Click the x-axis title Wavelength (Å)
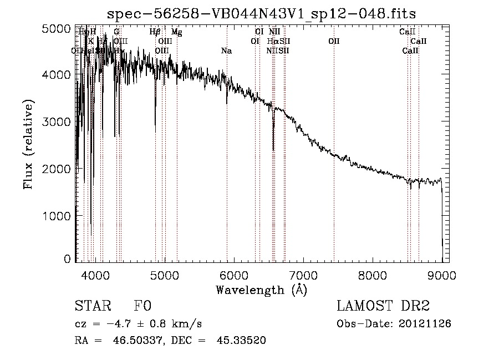click(261, 290)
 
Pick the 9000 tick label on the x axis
click(442, 274)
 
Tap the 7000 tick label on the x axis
click(303, 274)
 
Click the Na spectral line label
click(226, 51)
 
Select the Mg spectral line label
click(177, 32)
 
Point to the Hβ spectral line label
click(155, 32)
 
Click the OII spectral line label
click(334, 42)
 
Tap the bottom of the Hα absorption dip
click(273, 149)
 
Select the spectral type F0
click(142, 306)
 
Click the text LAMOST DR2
click(383, 306)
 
